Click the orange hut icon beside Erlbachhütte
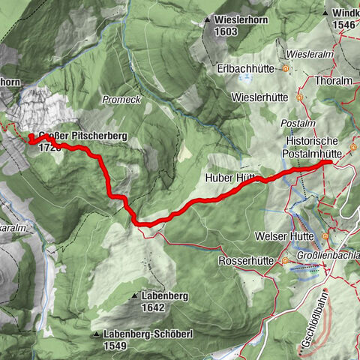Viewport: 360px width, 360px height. [286, 69]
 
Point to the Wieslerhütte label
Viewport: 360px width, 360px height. [262, 97]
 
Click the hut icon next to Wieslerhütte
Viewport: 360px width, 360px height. [299, 97]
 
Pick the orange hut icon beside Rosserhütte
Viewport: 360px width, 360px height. [286, 261]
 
